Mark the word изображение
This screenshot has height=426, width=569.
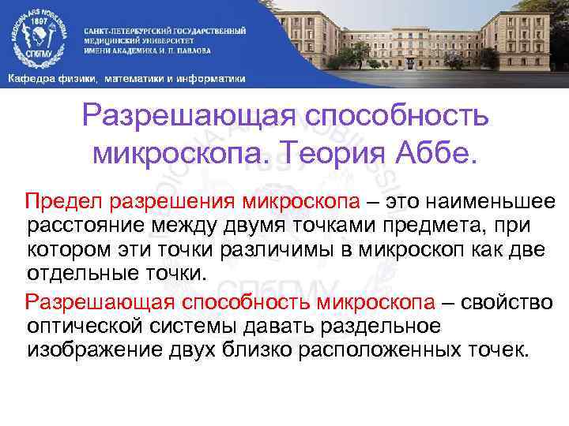pyautogui.click(x=91, y=349)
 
